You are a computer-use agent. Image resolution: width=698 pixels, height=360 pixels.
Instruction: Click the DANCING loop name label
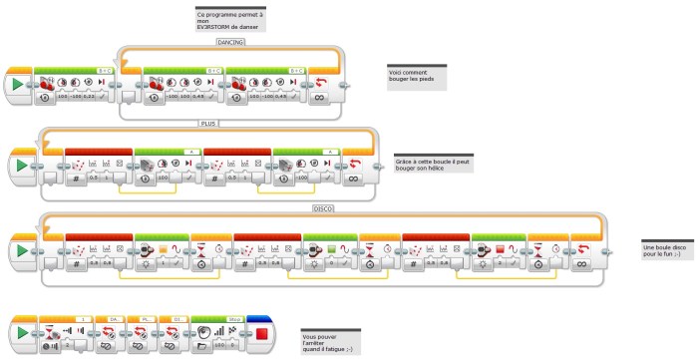tap(230, 42)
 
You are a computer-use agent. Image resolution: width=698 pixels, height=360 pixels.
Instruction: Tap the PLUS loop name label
tap(209, 124)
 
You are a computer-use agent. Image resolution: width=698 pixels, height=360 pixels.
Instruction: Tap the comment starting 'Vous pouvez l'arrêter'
tap(330, 340)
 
